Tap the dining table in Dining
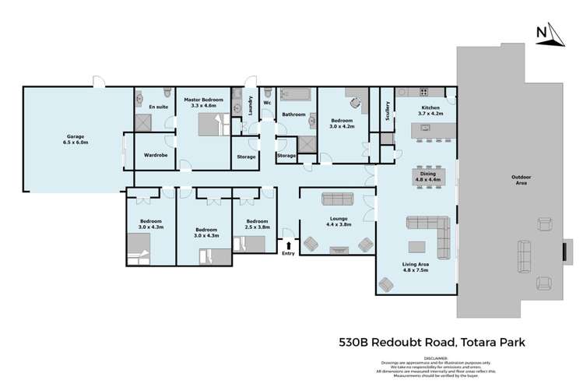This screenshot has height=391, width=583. [x=427, y=176]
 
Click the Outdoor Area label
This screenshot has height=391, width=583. [x=521, y=180]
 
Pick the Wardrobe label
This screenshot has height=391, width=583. [x=156, y=155]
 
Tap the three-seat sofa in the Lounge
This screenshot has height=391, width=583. [x=336, y=199]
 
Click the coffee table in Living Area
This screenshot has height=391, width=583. [x=419, y=248]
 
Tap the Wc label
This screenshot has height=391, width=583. [x=266, y=102]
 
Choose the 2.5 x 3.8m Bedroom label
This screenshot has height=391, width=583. [x=257, y=225]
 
